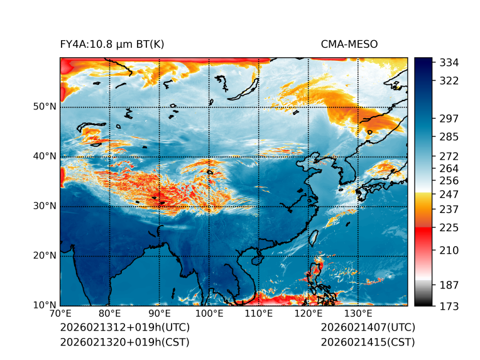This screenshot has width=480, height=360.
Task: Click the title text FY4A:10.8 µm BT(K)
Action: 112,44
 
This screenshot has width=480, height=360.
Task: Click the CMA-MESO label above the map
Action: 349,44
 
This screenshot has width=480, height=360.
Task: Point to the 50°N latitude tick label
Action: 44,107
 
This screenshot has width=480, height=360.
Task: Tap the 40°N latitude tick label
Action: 44,156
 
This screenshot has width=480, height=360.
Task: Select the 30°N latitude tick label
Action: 44,206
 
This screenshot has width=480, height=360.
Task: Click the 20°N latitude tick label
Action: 44,256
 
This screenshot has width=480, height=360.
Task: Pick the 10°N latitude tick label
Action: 44,305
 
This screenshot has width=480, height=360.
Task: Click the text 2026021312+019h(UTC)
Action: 124,328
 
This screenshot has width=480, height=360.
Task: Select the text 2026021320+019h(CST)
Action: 124,342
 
